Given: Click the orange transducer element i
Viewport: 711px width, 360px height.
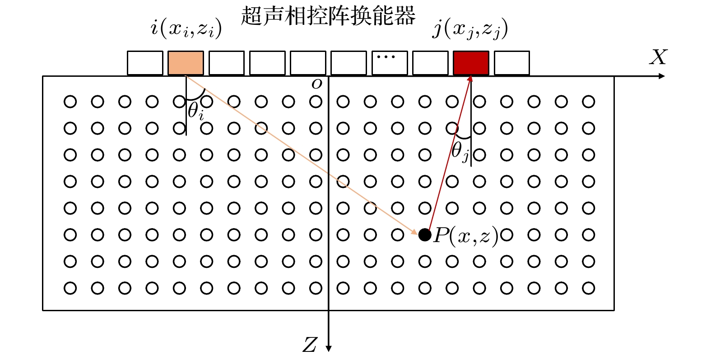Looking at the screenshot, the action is coord(186,63).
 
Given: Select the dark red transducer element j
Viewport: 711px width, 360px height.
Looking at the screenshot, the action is coord(471,63).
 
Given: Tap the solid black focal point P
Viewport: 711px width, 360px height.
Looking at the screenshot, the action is coord(425,235).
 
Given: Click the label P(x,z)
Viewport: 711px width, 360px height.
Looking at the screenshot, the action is coord(465,236).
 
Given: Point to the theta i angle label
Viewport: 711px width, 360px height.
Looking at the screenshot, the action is coord(195,112).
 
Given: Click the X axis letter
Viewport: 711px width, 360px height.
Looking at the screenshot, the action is coord(658,57).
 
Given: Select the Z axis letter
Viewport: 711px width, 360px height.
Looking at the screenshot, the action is coord(310,345).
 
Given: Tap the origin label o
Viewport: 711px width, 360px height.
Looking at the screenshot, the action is coord(317,84).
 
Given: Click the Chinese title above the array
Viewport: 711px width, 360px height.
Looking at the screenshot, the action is coord(328,15).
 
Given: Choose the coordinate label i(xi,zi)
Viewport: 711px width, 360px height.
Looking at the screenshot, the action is coord(186,28).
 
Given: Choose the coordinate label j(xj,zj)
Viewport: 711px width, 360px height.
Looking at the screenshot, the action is coord(470,28).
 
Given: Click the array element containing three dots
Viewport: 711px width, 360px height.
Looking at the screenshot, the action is coord(390,63).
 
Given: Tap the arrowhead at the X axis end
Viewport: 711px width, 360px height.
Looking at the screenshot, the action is coord(661,76).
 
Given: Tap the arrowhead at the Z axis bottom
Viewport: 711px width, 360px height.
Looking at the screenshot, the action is coord(329,349).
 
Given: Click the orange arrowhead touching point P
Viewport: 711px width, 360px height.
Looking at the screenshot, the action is coord(414,232).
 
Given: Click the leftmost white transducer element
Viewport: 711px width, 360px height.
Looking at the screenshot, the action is coord(145,63).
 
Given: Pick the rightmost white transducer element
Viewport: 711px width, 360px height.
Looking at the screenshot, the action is coord(511,63).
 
